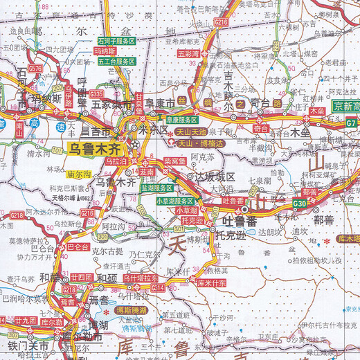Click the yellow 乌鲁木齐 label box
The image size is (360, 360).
(94, 147)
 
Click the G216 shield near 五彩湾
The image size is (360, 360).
(222, 23)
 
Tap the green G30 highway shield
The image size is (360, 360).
(300, 204)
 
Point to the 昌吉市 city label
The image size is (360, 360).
(95, 131)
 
